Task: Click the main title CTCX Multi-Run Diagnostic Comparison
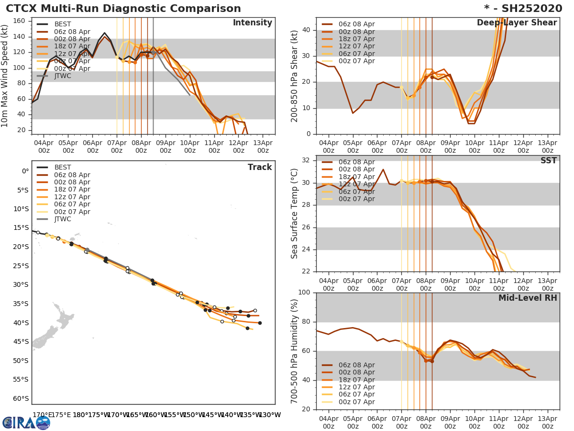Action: (123, 9)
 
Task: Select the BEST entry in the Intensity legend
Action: (62, 24)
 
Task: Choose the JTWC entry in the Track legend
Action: (62, 219)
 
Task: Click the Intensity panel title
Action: (252, 23)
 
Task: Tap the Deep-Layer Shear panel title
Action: (517, 23)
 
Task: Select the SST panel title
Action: (548, 161)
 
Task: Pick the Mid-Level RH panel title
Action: (528, 298)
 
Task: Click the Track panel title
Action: (259, 168)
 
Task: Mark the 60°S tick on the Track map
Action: (21, 398)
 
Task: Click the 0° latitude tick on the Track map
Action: (25, 171)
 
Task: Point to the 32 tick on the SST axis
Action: (307, 160)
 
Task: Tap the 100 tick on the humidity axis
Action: (304, 293)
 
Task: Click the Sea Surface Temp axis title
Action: (295, 214)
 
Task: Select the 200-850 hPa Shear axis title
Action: (295, 76)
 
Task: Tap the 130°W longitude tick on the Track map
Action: (269, 415)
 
